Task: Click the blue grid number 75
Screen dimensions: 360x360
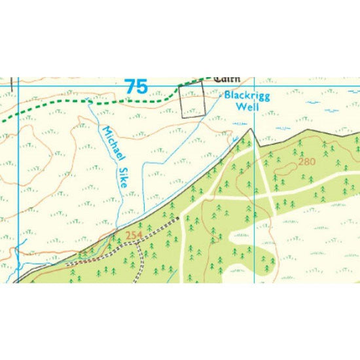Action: coord(135,86)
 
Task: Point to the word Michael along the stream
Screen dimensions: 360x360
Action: coord(109,140)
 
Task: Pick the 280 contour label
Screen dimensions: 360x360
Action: coord(307,161)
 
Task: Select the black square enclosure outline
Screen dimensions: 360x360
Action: coord(192,101)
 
